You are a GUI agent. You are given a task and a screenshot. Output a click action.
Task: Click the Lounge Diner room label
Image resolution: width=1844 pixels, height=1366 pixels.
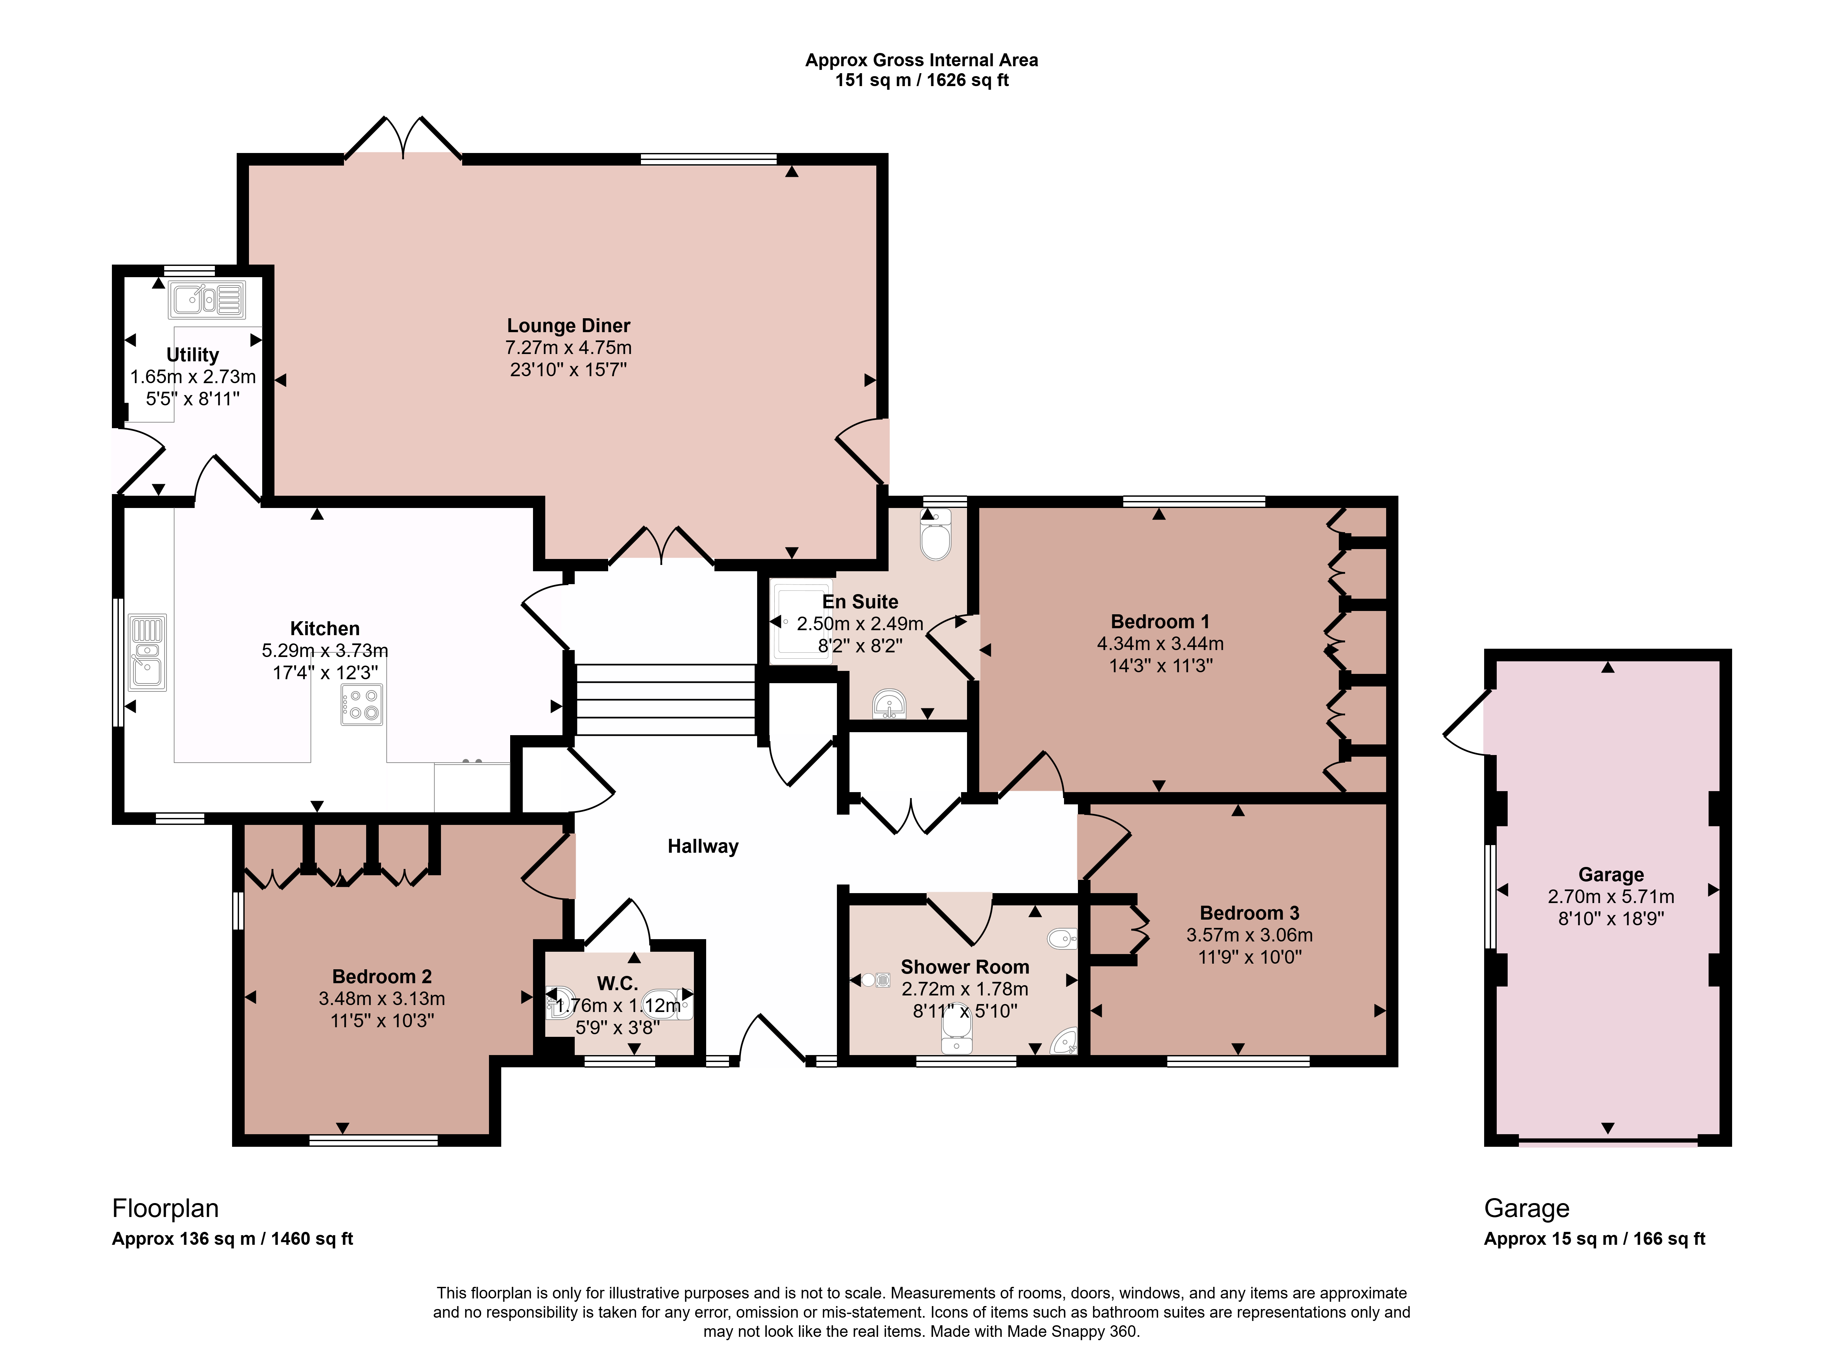coord(569,326)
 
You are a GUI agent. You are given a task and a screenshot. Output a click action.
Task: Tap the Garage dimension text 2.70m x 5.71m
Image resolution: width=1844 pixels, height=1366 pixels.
coord(1611,896)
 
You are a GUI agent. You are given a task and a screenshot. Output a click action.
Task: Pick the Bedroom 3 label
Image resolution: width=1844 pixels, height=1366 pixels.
coord(1249,913)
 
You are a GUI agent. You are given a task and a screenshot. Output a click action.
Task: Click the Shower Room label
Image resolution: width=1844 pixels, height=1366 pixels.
coord(965,967)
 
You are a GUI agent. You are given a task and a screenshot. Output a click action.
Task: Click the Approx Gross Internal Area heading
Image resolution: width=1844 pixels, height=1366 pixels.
coord(922,60)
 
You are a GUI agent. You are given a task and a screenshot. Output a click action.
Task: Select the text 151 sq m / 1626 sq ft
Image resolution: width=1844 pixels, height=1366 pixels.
coord(922,80)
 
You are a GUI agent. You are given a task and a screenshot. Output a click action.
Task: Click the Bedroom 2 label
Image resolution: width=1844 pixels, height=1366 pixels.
coord(382,977)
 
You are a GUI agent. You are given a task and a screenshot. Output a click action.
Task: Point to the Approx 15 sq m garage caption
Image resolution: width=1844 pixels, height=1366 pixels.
coord(1594,1239)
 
